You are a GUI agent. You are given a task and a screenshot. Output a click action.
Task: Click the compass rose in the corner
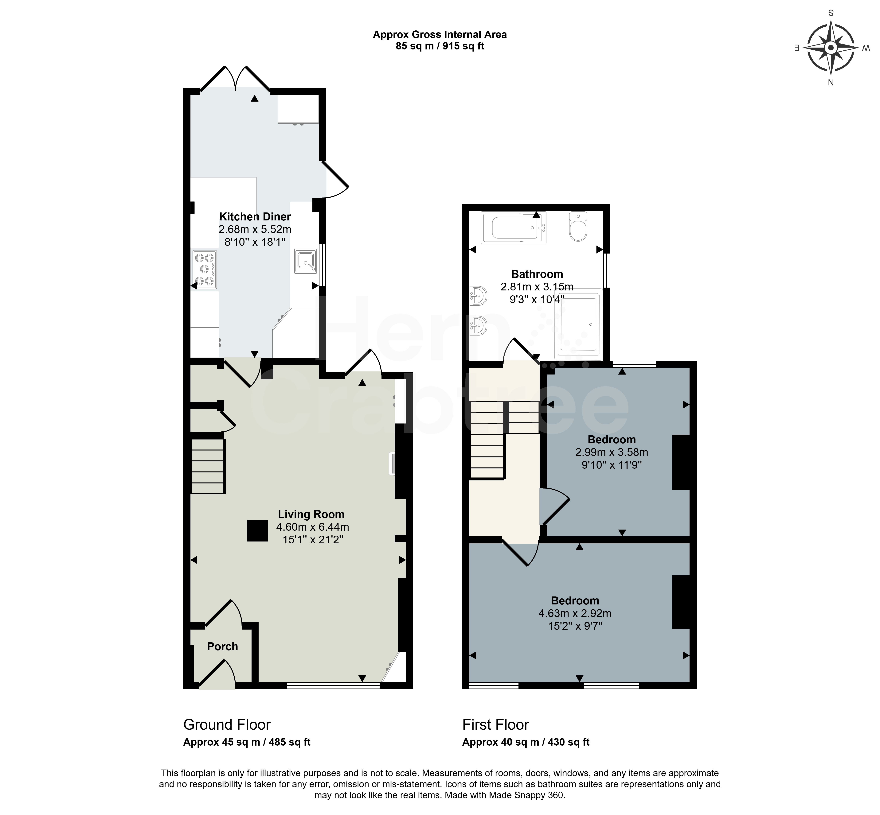tap(831, 48)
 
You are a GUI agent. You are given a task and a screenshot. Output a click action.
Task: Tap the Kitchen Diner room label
tap(255, 216)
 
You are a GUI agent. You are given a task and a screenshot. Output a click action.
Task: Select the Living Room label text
tap(311, 514)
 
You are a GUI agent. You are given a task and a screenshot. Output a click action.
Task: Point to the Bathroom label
tap(537, 274)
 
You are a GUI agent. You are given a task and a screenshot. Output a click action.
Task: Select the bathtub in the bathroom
tap(514, 227)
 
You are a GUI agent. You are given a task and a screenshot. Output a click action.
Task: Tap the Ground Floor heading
tap(227, 725)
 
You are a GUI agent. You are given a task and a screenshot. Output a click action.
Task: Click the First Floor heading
tap(495, 725)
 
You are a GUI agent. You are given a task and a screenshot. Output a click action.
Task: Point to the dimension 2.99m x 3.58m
tap(611, 452)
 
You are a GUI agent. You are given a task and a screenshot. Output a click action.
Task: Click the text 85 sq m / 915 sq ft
tap(440, 46)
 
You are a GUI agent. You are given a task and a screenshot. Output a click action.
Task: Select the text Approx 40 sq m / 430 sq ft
tap(526, 742)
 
